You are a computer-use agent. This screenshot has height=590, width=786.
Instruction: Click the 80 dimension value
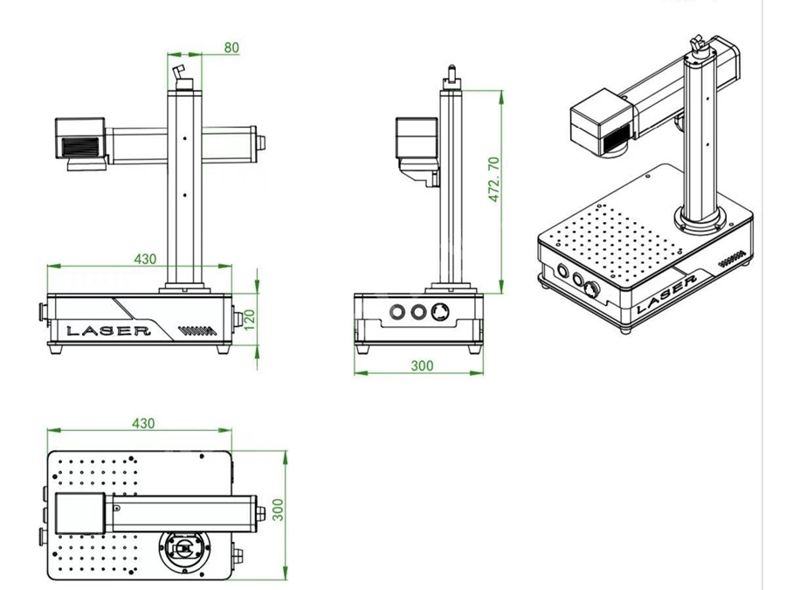tap(231, 48)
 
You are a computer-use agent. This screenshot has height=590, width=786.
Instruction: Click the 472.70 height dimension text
tap(493, 179)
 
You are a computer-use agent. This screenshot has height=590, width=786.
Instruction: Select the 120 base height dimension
tap(249, 320)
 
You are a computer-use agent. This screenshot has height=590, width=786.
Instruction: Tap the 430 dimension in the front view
tap(145, 259)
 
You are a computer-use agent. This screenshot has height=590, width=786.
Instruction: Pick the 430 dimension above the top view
tap(143, 423)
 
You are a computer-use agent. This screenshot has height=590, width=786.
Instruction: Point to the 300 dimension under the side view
tap(422, 365)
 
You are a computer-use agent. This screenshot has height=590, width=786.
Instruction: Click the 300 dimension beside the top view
tap(278, 510)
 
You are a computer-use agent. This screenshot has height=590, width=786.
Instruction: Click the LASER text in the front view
tap(108, 331)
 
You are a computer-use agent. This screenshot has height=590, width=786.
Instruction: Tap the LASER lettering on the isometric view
tap(667, 295)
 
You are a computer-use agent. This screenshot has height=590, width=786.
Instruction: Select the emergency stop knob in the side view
tap(440, 312)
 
